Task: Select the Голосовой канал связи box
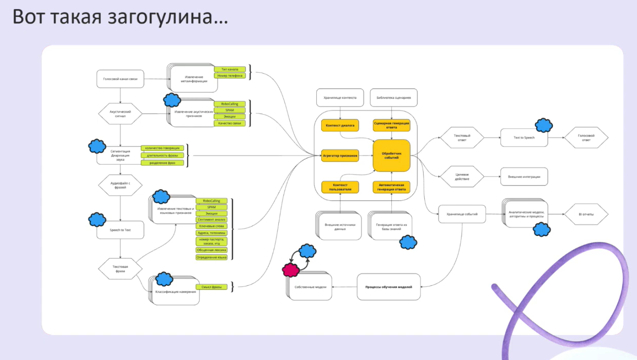pyautogui.click(x=120, y=79)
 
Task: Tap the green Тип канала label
pyautogui.click(x=230, y=69)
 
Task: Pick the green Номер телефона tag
pyautogui.click(x=230, y=76)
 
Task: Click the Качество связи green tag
pyautogui.click(x=230, y=123)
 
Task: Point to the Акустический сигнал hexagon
pyautogui.click(x=120, y=113)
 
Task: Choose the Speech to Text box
pyautogui.click(x=120, y=230)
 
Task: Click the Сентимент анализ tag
pyautogui.click(x=212, y=219)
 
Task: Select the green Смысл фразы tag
pyautogui.click(x=211, y=287)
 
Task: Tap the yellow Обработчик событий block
pyautogui.click(x=391, y=155)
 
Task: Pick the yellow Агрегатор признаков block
pyautogui.click(x=340, y=155)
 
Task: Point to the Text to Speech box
pyautogui.click(x=524, y=138)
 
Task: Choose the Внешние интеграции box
pyautogui.click(x=524, y=177)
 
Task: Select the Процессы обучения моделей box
pyautogui.click(x=388, y=287)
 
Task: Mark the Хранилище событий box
pyautogui.click(x=462, y=214)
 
